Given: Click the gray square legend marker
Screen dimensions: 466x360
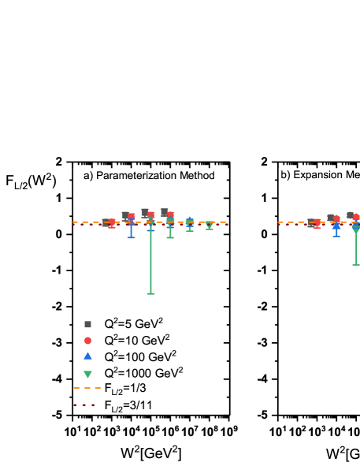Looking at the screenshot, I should [87, 324].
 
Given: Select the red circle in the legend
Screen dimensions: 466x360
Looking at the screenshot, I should [87, 341].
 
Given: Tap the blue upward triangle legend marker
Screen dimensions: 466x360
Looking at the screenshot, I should [87, 356].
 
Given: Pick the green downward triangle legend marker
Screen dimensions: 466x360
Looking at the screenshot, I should [87, 375].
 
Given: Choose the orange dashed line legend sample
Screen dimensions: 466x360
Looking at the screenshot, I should [87, 388].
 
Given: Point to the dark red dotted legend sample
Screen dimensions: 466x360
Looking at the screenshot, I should [84, 405].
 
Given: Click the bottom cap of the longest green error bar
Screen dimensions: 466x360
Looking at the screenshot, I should [150, 293].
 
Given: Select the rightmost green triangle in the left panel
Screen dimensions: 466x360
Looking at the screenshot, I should [209, 225].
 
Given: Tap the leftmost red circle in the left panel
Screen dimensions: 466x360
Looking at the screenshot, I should [112, 223].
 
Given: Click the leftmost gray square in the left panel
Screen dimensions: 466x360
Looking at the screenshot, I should [106, 222].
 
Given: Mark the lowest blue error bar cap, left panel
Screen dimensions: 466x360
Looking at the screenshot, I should [131, 237].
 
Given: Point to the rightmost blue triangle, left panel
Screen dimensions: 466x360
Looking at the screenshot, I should [189, 221].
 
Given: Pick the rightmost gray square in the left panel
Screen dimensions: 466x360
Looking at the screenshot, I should [164, 212].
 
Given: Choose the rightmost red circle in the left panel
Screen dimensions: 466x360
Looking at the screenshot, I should [170, 214].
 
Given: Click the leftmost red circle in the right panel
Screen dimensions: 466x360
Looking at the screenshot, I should [317, 224].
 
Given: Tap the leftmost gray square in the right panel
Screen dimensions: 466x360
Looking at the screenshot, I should [310, 222].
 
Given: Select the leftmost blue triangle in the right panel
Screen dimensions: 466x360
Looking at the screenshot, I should [336, 225].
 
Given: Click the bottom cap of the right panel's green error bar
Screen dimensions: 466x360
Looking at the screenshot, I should [356, 264].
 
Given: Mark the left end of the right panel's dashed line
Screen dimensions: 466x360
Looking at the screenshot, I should [278, 222].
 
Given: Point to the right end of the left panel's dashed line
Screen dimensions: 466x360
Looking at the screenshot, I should [227, 222].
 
